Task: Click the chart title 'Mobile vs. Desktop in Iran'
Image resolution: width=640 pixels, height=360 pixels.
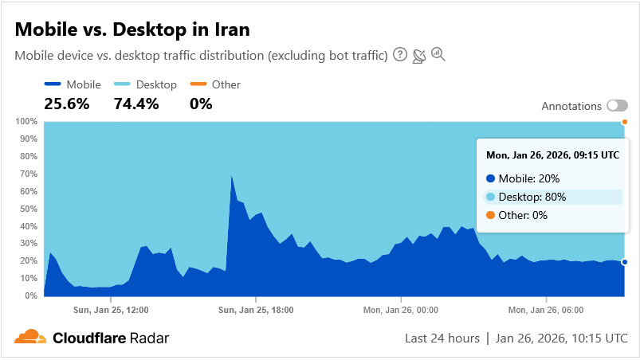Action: point(132,29)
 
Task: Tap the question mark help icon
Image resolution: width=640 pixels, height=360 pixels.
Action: point(399,55)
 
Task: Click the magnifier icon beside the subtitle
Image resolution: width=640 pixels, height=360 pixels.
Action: point(438,55)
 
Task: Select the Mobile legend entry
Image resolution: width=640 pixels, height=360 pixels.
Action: point(73,84)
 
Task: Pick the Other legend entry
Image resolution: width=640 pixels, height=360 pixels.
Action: point(216,84)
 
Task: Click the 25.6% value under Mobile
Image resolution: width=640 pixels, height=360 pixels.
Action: point(67,104)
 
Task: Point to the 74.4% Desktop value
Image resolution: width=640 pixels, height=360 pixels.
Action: point(136,104)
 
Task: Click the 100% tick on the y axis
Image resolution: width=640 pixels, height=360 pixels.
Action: point(26,121)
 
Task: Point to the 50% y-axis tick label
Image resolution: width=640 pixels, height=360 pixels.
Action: point(29,209)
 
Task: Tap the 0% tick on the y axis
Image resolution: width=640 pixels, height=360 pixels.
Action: point(31,295)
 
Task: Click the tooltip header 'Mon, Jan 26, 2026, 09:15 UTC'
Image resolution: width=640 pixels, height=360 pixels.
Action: point(552,155)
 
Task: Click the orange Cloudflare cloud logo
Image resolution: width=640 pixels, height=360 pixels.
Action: point(30,337)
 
